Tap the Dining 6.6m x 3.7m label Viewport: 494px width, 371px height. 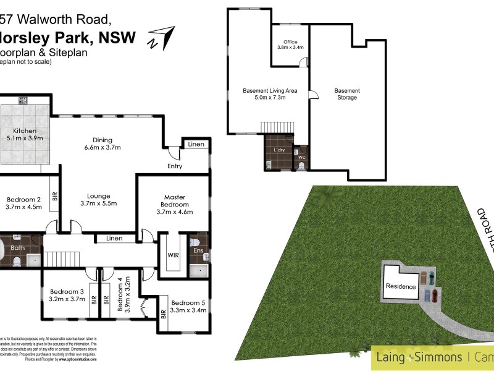click(102, 143)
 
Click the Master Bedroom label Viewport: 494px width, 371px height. click(175, 204)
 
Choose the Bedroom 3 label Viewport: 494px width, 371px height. click(67, 296)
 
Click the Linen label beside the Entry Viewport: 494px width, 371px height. click(196, 145)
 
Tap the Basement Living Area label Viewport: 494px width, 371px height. click(270, 94)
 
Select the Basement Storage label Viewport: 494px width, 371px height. click(347, 94)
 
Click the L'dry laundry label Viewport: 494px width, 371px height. click(278, 150)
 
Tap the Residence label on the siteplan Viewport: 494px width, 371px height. click(401, 286)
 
